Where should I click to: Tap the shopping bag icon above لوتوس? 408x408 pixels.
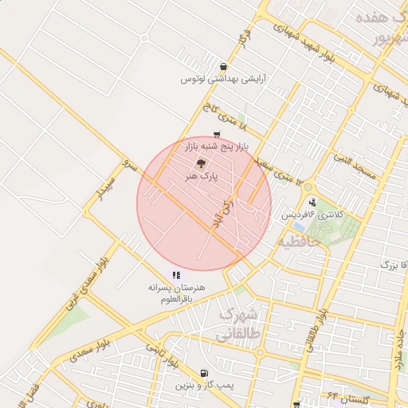pyautogui.click(x=222, y=66)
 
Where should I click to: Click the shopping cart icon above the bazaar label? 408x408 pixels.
pyautogui.click(x=218, y=135)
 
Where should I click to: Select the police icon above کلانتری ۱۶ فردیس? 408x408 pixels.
pyautogui.click(x=312, y=202)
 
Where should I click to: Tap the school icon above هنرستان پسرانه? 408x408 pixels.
pyautogui.click(x=176, y=275)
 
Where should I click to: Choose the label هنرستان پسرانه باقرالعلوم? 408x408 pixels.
pyautogui.click(x=177, y=292)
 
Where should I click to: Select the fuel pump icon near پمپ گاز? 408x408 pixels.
pyautogui.click(x=206, y=372)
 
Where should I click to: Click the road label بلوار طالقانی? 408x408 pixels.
pyautogui.click(x=316, y=318)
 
